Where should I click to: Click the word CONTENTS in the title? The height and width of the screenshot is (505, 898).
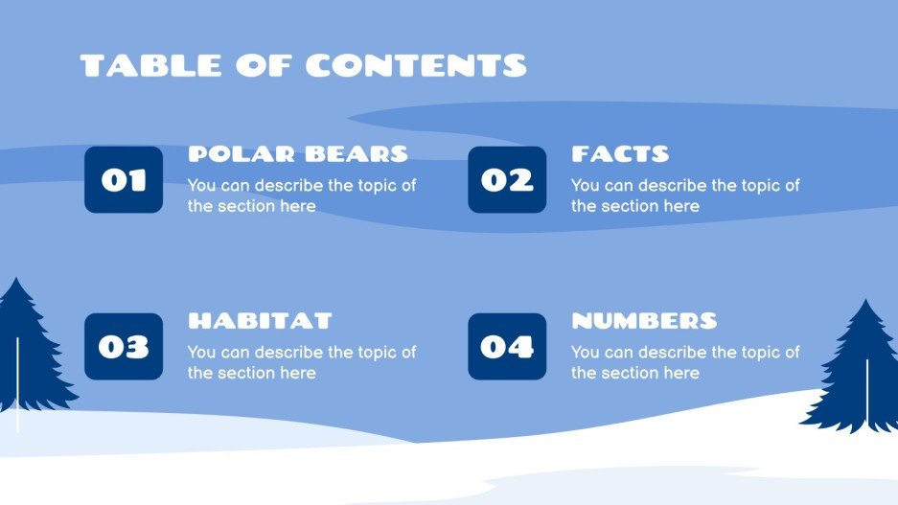(416, 65)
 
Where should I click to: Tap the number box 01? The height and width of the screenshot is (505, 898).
(124, 179)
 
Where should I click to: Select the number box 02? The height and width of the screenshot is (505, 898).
(507, 179)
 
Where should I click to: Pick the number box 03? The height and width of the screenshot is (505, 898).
(124, 346)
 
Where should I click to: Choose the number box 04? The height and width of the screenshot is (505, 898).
(507, 346)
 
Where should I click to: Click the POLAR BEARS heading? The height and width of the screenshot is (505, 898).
(298, 153)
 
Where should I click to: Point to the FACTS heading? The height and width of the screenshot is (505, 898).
(620, 153)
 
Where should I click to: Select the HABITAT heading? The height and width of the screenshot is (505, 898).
(260, 320)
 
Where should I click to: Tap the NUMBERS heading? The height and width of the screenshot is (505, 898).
(644, 320)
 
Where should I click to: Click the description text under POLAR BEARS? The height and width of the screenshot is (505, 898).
(302, 195)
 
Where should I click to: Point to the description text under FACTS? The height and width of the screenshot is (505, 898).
(685, 195)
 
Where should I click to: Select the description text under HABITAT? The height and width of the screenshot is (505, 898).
(302, 362)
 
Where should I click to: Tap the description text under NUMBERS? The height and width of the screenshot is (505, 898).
(685, 362)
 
